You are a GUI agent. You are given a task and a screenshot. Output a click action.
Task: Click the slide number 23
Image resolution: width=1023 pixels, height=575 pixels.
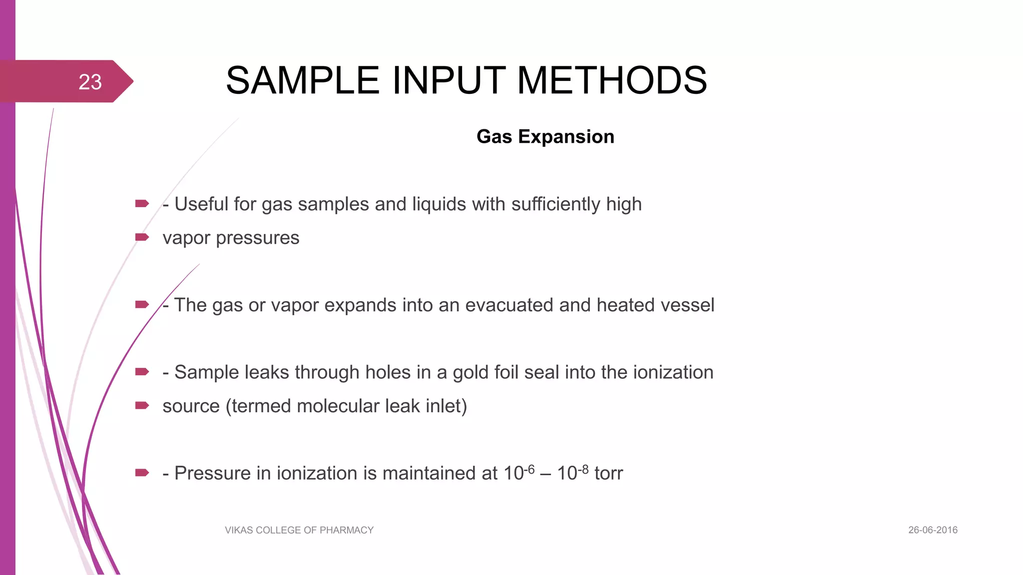pos(90,82)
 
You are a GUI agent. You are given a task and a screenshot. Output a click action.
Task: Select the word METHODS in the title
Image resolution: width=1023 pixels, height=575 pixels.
pos(612,80)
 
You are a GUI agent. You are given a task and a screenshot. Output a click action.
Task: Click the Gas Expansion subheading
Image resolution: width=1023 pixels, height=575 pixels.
pos(545,137)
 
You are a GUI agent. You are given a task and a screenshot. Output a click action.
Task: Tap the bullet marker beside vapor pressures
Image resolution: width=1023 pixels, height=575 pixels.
pos(142,237)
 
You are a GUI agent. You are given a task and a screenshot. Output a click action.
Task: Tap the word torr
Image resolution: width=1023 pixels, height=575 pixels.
pos(608,473)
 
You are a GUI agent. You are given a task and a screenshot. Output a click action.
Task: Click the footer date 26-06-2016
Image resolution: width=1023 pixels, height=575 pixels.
pos(933,530)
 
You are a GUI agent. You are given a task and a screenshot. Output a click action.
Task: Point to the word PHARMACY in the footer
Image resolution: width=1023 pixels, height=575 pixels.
pos(347,530)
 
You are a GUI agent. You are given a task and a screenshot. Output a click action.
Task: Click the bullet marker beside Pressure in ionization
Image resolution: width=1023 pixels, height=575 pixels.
pos(142,473)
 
